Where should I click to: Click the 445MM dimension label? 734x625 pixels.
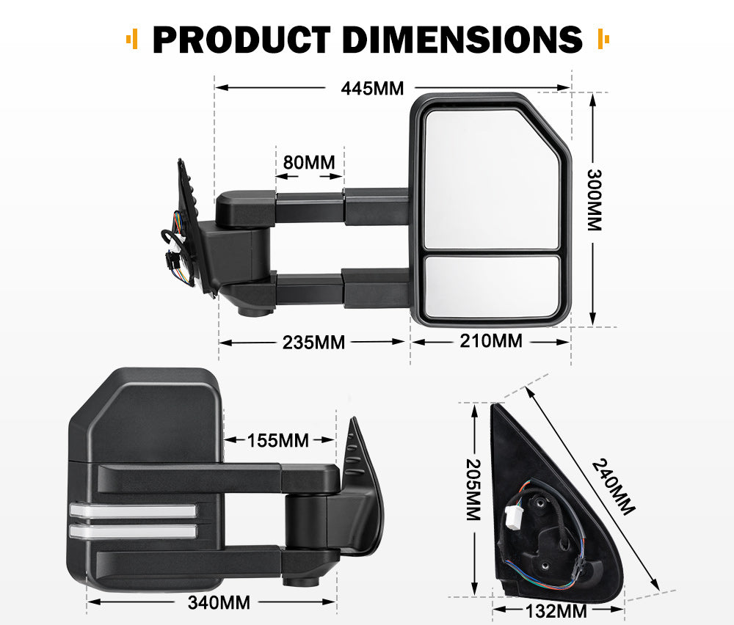click(x=372, y=89)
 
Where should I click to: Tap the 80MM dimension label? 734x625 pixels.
click(x=309, y=161)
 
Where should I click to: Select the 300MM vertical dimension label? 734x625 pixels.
click(x=593, y=200)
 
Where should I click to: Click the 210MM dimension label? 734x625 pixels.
click(x=491, y=341)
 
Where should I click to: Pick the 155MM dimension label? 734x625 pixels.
click(x=277, y=441)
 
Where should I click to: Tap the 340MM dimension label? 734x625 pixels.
click(x=219, y=603)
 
